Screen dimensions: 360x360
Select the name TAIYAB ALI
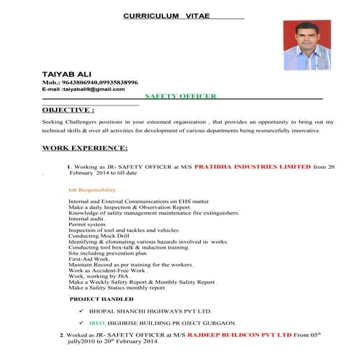[66, 75]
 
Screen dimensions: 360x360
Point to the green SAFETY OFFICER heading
[180, 96]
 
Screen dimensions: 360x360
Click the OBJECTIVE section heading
[68, 110]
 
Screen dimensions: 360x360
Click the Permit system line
[87, 223]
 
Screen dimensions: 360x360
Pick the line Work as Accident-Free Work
[108, 271]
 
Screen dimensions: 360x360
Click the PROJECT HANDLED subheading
[102, 299]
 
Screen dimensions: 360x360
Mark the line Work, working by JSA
[99, 276]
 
